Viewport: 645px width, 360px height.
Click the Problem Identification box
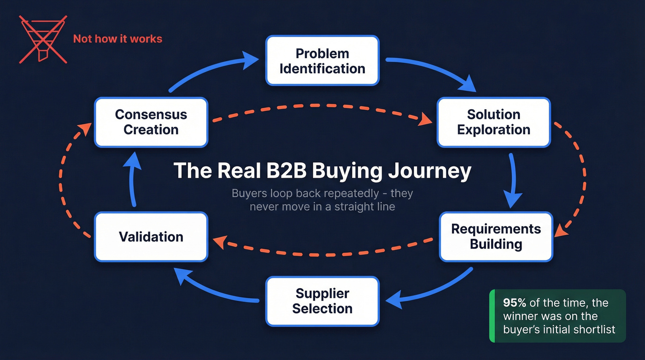322,61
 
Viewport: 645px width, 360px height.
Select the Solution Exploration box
493,122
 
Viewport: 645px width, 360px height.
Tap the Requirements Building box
496,236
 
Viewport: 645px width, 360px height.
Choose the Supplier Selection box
322,301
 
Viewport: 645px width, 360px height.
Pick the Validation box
151,237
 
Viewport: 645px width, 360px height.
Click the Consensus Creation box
151,122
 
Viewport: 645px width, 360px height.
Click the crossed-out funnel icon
42,39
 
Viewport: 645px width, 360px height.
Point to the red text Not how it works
117,39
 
